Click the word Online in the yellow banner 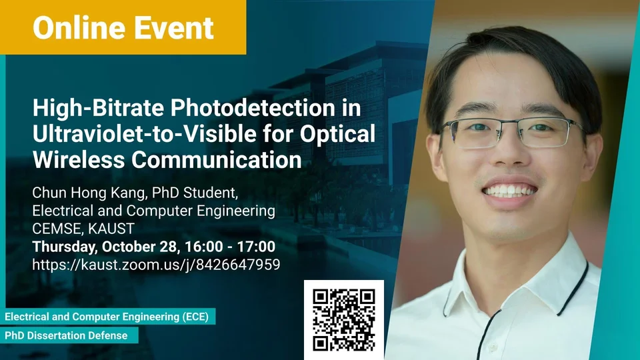coord(79,28)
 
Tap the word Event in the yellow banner coord(174,28)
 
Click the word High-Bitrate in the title coord(99,108)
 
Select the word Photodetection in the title coord(252,108)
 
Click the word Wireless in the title coord(79,159)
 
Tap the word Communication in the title coord(216,159)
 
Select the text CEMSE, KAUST coord(83,229)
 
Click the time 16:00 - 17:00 coord(230,247)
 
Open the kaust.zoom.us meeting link coord(156,265)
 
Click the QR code coord(344,319)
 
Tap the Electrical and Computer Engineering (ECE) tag coord(107,317)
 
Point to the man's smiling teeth coord(509,191)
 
